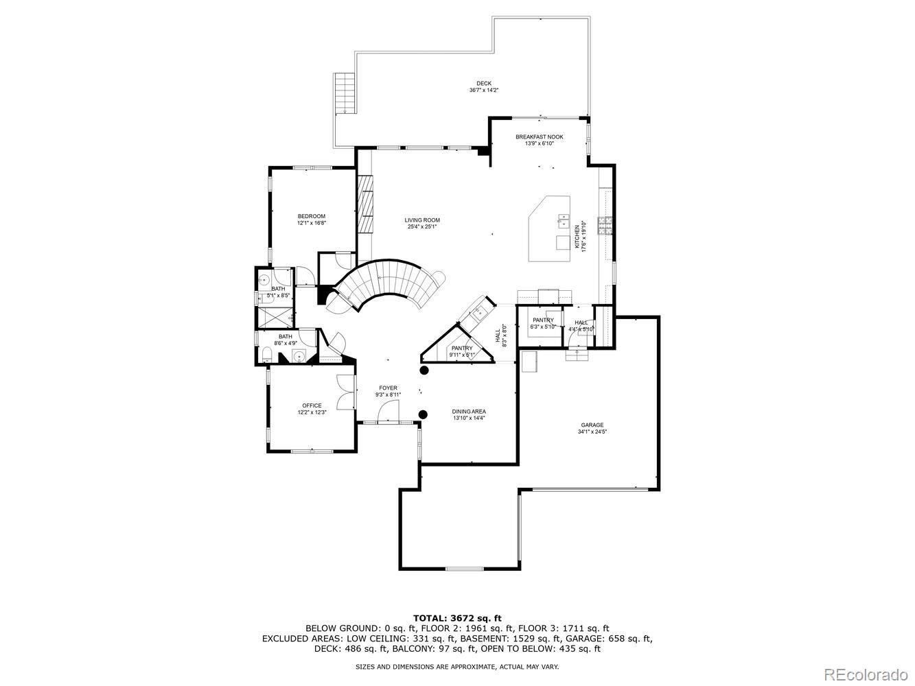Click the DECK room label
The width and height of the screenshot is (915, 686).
(x=484, y=84)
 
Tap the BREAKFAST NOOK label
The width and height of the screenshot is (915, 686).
(x=539, y=137)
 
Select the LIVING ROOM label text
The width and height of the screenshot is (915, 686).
(x=421, y=220)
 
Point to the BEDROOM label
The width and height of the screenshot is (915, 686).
(x=311, y=217)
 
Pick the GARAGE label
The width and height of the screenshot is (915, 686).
(x=592, y=425)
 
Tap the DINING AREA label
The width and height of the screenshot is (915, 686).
(x=469, y=412)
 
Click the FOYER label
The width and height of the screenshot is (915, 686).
(x=388, y=388)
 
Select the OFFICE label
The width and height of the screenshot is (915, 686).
(x=312, y=406)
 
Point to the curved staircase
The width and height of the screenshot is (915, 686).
(x=384, y=285)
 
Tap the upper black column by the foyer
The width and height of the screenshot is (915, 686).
(x=424, y=370)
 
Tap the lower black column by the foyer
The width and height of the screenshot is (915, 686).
(x=424, y=414)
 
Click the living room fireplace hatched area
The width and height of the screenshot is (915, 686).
(x=365, y=204)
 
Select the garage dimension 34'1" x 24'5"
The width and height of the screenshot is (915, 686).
(x=592, y=432)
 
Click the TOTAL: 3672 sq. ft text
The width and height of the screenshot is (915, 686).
(x=456, y=618)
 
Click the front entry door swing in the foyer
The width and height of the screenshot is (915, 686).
(x=389, y=412)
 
